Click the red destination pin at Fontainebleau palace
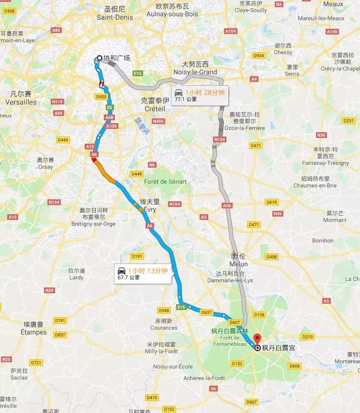click(x=257, y=339)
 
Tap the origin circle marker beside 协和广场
click(x=100, y=58)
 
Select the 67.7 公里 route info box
click(x=142, y=274)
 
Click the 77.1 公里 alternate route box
click(x=199, y=96)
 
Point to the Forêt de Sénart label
click(x=165, y=182)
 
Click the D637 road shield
click(x=207, y=312)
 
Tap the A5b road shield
click(x=227, y=206)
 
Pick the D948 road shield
click(x=164, y=310)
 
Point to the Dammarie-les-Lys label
click(x=235, y=276)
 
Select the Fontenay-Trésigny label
click(x=332, y=160)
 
